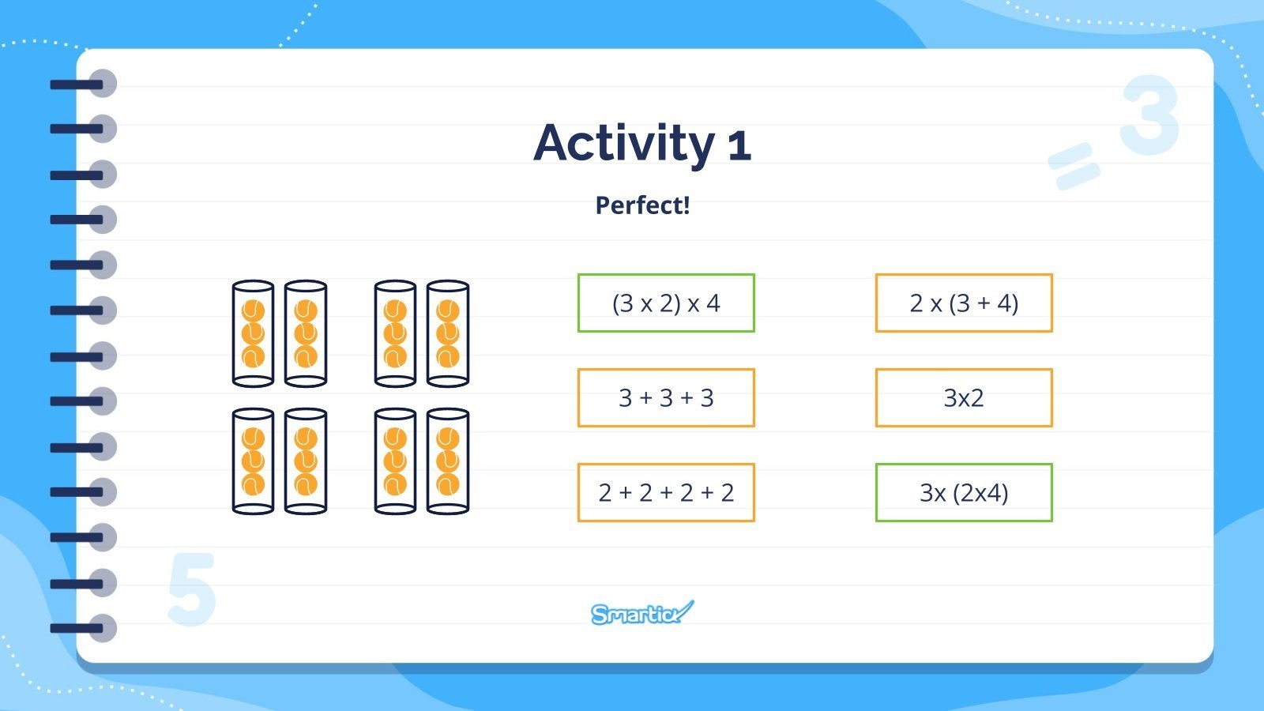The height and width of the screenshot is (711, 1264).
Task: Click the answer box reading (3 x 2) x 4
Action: tap(666, 303)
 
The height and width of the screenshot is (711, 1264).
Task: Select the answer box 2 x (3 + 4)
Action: tap(964, 303)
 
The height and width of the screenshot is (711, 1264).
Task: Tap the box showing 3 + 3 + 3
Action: tap(666, 398)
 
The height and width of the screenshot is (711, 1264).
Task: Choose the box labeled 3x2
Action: tap(964, 398)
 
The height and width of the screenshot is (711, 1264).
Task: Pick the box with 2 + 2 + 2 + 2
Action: tap(666, 493)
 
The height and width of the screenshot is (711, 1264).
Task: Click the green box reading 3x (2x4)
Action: tap(964, 493)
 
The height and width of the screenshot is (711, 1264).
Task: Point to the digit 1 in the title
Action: tap(739, 146)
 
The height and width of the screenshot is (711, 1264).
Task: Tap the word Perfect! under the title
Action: tap(643, 205)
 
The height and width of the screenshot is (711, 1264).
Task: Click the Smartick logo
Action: tap(642, 613)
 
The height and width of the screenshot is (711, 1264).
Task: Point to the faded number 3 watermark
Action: tap(1149, 115)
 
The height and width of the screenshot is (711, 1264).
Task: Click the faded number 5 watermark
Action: tap(192, 589)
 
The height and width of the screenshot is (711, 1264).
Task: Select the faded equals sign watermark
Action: tap(1074, 166)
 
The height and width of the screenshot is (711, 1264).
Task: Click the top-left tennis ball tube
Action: tap(253, 333)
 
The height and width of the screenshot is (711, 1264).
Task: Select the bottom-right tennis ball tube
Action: tap(447, 461)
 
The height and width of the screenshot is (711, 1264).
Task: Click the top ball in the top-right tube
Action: tap(447, 310)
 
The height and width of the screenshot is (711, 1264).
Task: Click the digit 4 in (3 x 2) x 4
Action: tap(713, 303)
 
